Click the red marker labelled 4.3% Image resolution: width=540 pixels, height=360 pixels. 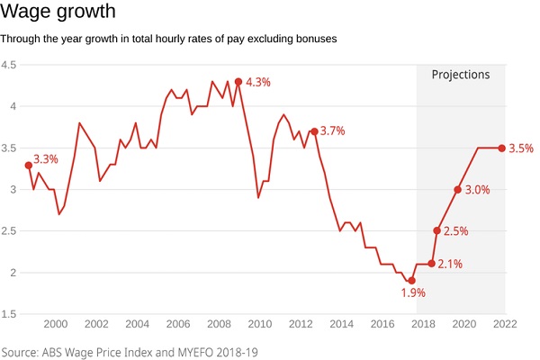click(238, 81)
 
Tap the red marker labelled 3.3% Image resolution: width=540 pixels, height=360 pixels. click(28, 166)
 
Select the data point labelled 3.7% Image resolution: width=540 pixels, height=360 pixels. click(313, 131)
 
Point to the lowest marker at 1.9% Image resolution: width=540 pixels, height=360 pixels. click(411, 281)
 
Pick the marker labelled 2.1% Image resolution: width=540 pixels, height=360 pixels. click(431, 264)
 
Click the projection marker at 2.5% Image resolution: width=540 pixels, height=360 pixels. click(436, 230)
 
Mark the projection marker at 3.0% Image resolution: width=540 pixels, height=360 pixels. click(457, 190)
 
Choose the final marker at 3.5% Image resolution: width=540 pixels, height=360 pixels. click(501, 148)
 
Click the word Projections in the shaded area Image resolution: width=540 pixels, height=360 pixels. click(461, 75)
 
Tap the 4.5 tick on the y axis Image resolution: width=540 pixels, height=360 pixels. click(9, 65)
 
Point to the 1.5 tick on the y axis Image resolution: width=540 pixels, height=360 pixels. click(9, 313)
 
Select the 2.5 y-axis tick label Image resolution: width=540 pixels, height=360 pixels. click(9, 230)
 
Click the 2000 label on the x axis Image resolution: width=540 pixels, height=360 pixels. click(55, 324)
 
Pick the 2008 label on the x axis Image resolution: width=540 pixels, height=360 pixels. click(219, 324)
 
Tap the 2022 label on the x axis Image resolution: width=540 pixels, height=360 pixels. click(505, 324)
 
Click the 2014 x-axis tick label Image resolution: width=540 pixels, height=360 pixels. click(341, 324)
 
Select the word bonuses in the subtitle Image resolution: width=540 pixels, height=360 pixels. click(313, 40)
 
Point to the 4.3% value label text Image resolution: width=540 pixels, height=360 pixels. click(258, 82)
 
